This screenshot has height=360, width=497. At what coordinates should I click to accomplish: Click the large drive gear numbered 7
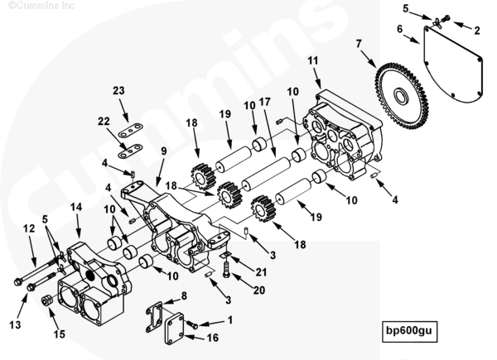coord(401,97)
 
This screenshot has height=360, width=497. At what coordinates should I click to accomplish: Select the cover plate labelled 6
coord(452,65)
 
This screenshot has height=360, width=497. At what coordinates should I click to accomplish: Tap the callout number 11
coord(313,60)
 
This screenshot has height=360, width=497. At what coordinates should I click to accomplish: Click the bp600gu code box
coord(409,332)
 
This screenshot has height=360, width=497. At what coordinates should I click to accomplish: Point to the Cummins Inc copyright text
coord(41,6)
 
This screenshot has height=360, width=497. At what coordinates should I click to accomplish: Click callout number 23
coord(118,90)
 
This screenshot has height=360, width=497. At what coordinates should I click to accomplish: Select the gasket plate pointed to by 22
coord(130,151)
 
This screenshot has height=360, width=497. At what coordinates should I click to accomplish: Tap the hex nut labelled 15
coord(46,300)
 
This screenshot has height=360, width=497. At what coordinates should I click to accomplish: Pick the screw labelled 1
coord(191,324)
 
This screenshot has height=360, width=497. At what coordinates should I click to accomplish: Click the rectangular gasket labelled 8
coord(154,316)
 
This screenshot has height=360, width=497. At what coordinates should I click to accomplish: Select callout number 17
coord(265,102)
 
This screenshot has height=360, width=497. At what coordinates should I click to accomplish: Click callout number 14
coord(76,207)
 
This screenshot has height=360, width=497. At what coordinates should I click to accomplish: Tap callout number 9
coord(163,151)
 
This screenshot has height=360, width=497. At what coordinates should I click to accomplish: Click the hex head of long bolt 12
coord(17,281)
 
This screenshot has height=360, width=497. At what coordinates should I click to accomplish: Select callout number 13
coord(15,325)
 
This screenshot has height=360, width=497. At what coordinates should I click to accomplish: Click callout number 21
coord(261,272)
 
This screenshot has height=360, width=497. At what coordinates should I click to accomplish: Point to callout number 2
coord(477,31)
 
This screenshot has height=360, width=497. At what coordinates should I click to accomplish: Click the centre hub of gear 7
coord(402,96)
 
